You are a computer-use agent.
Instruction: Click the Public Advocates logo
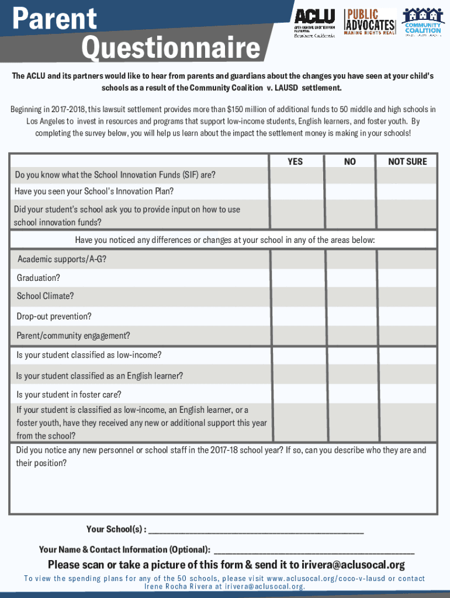370,22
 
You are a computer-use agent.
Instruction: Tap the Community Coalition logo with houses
423,22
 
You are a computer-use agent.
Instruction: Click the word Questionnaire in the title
171,49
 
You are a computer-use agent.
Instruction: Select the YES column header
295,161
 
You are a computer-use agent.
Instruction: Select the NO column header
349,161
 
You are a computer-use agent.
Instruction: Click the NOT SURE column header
407,161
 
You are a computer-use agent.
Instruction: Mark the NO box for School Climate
350,296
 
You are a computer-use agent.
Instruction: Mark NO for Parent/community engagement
350,336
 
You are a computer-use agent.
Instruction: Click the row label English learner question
100,376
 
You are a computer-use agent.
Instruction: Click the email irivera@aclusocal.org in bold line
352,565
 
